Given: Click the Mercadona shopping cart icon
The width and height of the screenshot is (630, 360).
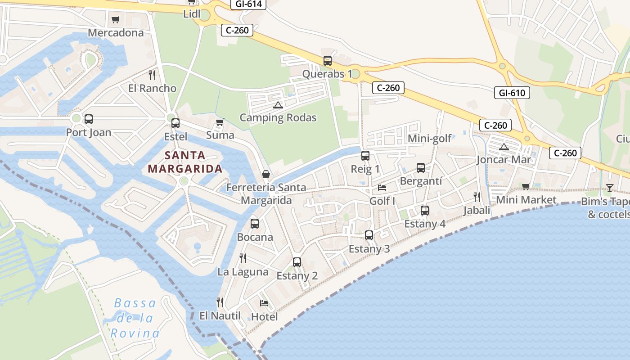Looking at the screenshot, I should coord(115,19).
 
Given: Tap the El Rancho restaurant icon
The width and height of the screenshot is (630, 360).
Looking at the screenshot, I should coord(152,75).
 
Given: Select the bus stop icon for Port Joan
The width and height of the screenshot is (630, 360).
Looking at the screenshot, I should coord(89,119).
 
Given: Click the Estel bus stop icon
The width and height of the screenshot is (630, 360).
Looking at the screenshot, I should coord(175,123).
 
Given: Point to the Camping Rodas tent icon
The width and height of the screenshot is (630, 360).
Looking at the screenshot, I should coord(278,105).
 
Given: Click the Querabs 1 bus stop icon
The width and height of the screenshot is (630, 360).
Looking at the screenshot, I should coord(328,61).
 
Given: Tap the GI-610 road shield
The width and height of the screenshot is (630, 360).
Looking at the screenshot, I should coord(512,93).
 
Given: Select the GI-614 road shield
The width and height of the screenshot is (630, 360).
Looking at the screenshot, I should coord(248,4).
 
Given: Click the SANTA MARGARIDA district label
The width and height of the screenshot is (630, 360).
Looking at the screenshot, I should coord(185,162).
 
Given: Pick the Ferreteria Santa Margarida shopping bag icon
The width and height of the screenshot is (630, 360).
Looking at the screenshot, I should coord(266,174).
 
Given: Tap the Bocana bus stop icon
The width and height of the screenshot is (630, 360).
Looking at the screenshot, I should coord(255,224).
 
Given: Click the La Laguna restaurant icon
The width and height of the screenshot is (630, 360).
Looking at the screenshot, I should coord(243,258).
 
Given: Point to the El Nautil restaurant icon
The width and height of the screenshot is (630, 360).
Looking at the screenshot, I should coord(220,302).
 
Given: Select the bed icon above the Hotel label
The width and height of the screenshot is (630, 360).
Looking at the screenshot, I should coord(264,303).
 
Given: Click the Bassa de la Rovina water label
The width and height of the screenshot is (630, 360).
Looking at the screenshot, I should coord(135,318).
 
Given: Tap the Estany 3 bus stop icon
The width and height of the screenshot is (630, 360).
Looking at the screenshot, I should coord(369,235).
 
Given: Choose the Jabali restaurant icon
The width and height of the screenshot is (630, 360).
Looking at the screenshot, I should coord(477,197).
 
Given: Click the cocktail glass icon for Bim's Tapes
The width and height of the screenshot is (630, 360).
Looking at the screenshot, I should coord(610,188).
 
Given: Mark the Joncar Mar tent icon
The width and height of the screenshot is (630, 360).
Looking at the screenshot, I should coord(504,147).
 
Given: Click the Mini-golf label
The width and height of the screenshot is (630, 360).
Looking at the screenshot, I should coord(429,139).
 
